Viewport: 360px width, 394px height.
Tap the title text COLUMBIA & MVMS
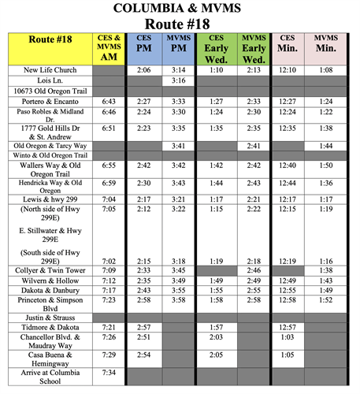pyautogui.click(x=179, y=9)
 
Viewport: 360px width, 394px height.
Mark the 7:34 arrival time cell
pyautogui.click(x=109, y=372)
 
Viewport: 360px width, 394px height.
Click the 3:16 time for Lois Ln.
pyautogui.click(x=179, y=80)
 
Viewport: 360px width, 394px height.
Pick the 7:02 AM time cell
pyautogui.click(x=109, y=260)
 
